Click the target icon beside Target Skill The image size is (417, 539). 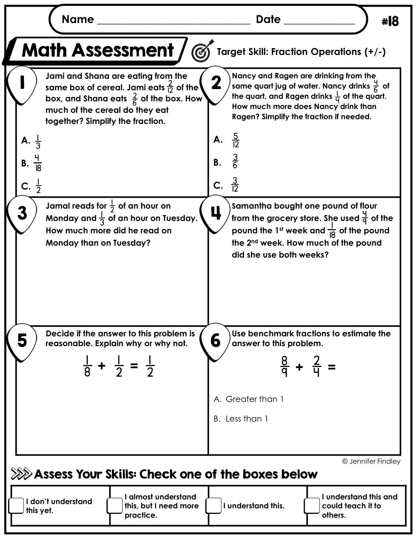202,51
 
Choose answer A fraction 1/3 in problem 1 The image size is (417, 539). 38,141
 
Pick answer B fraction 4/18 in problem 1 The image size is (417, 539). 37,163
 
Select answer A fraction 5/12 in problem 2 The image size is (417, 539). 236,140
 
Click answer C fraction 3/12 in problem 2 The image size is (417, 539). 235,185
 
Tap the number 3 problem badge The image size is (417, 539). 22,213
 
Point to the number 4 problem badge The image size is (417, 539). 216,213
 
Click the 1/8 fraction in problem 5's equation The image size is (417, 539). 87,367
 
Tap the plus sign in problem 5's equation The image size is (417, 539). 101,366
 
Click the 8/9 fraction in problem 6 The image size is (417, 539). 285,367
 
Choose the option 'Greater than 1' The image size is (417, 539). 254,399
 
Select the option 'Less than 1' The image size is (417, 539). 247,419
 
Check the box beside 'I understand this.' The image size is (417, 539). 214,505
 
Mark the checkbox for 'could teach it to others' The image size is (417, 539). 312,505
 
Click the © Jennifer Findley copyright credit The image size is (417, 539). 371,461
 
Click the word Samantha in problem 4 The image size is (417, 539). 251,206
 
